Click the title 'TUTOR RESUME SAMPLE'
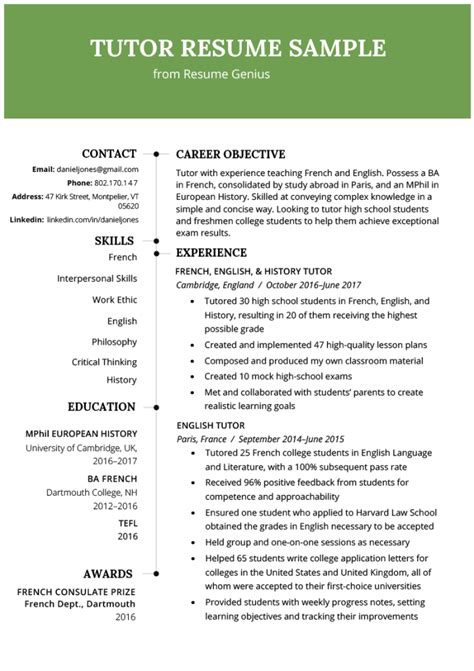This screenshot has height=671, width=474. [237, 48]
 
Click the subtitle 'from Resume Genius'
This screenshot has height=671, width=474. [211, 74]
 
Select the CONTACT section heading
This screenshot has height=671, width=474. [109, 154]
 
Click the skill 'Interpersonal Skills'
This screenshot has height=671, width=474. [97, 278]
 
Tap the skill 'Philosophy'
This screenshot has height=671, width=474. [113, 341]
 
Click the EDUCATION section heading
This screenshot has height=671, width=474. [102, 407]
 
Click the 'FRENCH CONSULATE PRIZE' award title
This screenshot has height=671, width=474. [77, 592]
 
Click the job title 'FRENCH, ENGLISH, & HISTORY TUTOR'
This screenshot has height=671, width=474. [253, 271]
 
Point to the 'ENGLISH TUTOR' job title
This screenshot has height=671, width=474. [209, 425]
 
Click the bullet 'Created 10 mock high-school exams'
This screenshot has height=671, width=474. [269, 376]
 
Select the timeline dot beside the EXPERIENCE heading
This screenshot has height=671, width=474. [156, 254]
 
